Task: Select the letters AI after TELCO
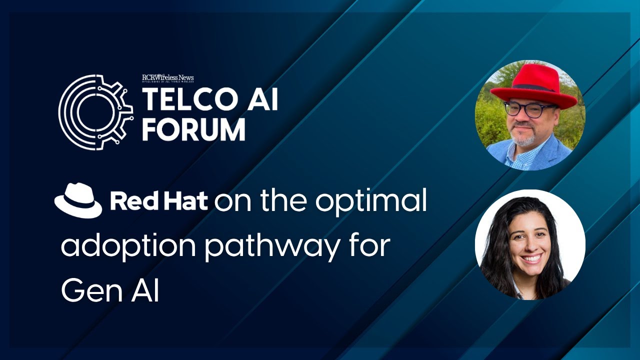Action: click(x=259, y=99)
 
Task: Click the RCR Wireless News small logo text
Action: click(x=168, y=77)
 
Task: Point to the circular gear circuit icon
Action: click(x=95, y=112)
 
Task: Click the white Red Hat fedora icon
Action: click(x=78, y=200)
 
